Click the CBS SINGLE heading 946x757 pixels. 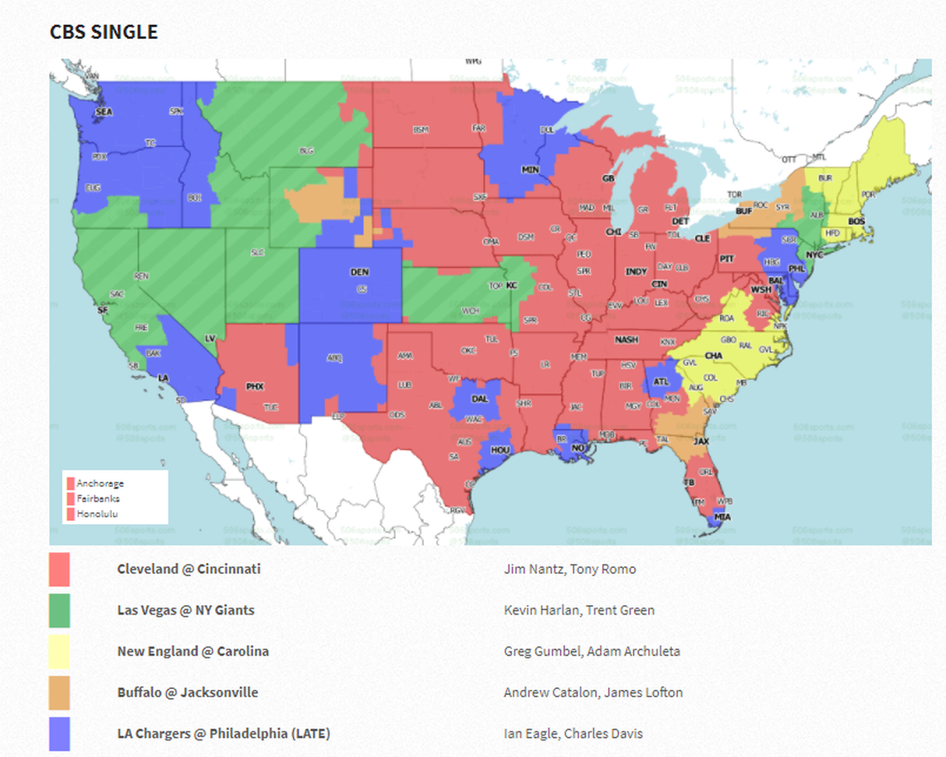click(x=104, y=32)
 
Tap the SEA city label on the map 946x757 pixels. click(x=104, y=111)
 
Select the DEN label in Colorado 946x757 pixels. click(x=359, y=272)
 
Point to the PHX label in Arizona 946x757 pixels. click(x=255, y=387)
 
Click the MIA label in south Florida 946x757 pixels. click(x=723, y=517)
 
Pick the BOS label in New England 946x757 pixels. click(x=856, y=222)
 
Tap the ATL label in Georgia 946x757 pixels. click(x=661, y=382)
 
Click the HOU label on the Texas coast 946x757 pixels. click(x=500, y=450)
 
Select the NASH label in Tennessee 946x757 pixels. click(x=627, y=340)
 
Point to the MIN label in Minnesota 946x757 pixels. click(x=529, y=169)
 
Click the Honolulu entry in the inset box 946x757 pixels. click(x=98, y=514)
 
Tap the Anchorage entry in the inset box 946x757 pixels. click(x=100, y=483)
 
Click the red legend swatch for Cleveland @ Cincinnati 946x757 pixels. click(x=60, y=570)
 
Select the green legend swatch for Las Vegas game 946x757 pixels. click(x=60, y=610)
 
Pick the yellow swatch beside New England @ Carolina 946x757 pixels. click(x=60, y=652)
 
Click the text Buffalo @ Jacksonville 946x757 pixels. click(x=188, y=692)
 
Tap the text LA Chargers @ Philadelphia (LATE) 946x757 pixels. click(x=223, y=734)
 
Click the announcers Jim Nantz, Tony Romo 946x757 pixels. click(x=569, y=569)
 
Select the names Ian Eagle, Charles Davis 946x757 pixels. click(x=573, y=734)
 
